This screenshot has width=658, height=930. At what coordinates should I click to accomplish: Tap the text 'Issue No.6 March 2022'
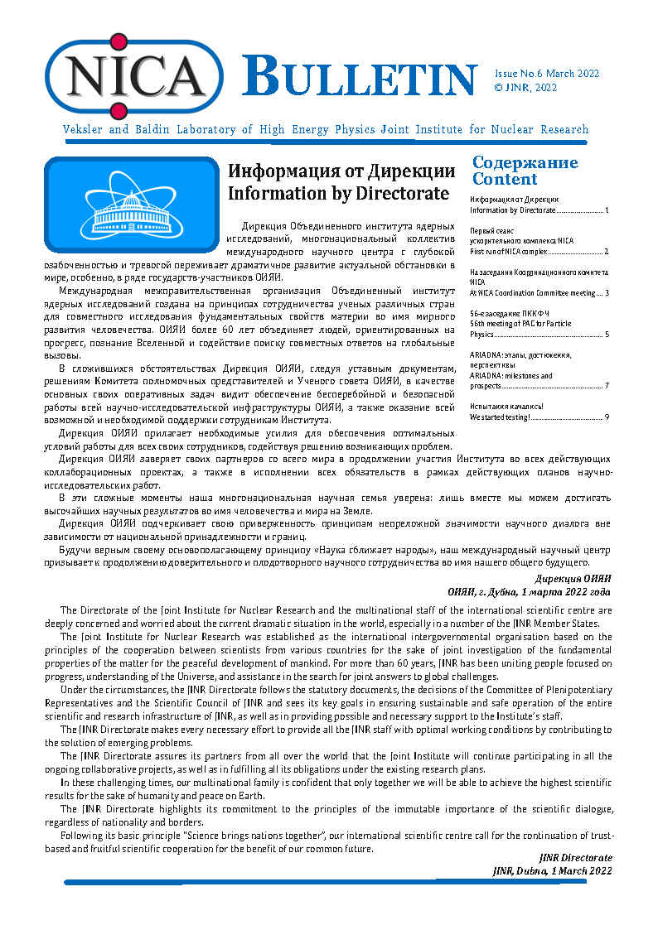547,74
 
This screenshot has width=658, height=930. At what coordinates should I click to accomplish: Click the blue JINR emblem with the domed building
131,205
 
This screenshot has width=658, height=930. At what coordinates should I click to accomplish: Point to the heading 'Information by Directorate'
338,193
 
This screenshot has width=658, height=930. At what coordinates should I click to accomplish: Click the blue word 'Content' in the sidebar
505,179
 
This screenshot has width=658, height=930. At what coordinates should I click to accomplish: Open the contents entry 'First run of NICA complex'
508,251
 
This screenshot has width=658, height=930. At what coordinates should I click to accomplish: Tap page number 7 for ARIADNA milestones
607,386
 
